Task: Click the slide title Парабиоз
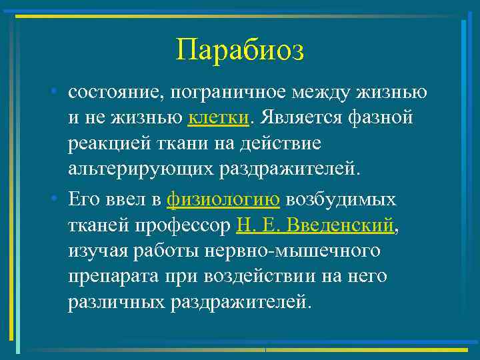[240, 51]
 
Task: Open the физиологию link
[223, 200]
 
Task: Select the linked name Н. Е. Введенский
[315, 225]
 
